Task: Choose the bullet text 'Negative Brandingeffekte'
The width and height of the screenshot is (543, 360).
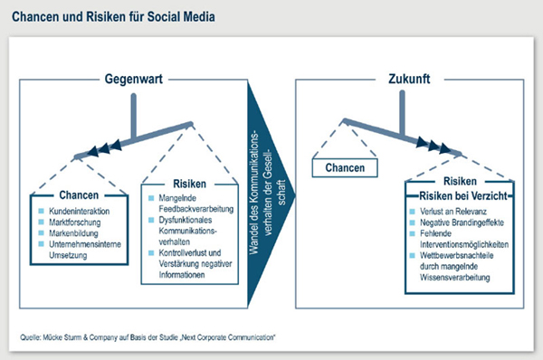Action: coord(462,223)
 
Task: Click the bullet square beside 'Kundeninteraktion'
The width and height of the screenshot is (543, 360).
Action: coord(42,210)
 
